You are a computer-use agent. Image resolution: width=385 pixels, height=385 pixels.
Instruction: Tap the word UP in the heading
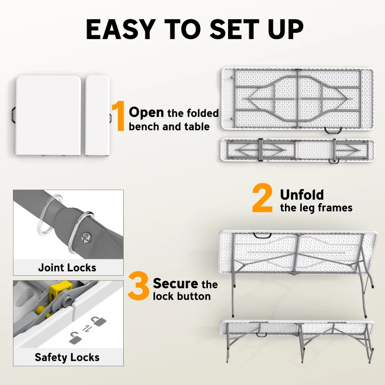(282, 29)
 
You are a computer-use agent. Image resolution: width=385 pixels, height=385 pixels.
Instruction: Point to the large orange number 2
(263, 200)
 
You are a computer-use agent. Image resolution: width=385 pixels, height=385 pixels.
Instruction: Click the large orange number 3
(138, 287)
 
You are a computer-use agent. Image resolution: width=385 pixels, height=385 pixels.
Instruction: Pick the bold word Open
(147, 112)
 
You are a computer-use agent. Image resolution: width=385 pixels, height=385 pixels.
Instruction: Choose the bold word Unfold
(302, 194)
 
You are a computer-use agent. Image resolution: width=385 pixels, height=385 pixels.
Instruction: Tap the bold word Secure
(176, 283)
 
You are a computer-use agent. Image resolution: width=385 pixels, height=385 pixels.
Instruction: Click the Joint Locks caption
(67, 268)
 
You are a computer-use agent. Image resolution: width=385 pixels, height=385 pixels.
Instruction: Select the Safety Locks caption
(67, 357)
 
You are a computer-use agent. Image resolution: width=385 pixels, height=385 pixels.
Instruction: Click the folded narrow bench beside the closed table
(98, 115)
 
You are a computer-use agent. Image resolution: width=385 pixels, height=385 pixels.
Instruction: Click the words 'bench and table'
(169, 127)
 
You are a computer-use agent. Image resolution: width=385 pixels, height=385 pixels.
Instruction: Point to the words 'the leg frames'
(316, 208)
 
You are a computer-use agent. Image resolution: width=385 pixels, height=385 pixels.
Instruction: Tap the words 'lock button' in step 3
(181, 296)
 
